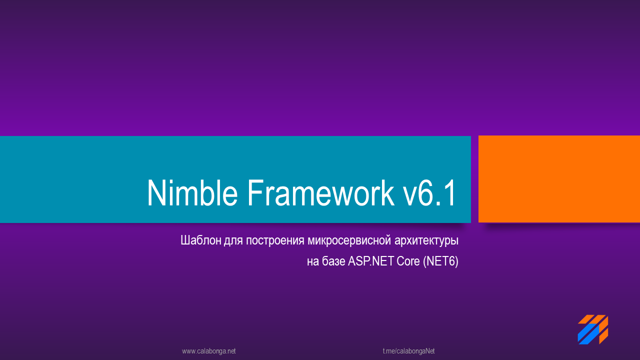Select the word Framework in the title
tap(320, 193)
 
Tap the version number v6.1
tap(429, 193)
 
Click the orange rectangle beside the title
tap(559, 179)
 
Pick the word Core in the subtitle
tap(408, 261)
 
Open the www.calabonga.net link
tap(209, 351)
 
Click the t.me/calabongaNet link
tap(408, 351)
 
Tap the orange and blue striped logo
tap(592, 329)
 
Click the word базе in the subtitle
tap(333, 261)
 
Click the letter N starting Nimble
tap(156, 193)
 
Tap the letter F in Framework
tap(254, 193)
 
